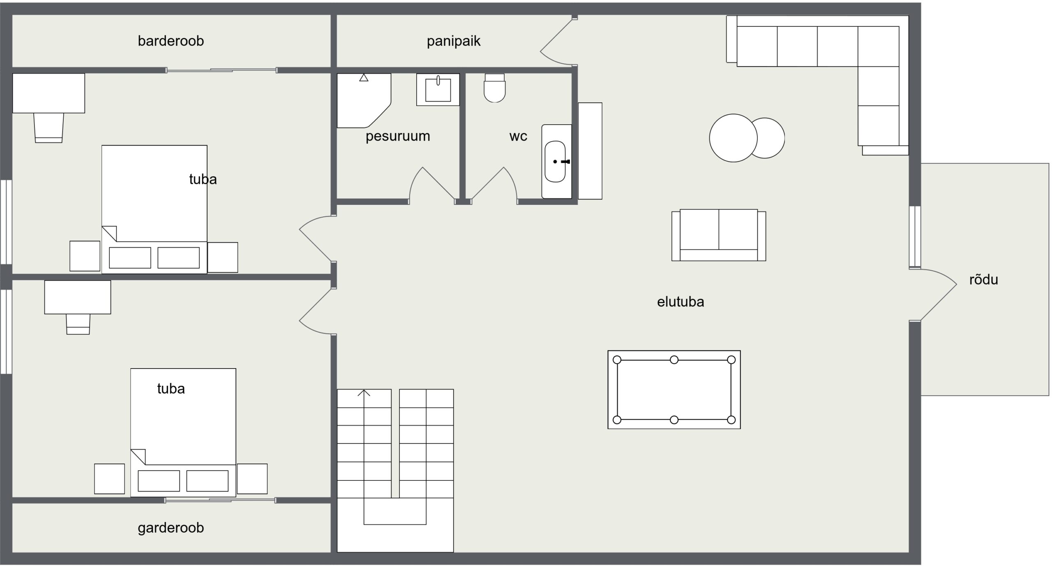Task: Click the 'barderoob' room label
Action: [x=171, y=41]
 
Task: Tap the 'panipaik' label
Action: [x=453, y=41]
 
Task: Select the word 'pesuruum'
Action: [x=398, y=136]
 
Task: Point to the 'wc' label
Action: [x=518, y=136]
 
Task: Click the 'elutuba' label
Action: [x=681, y=302]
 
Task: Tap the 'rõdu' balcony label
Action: [x=983, y=280]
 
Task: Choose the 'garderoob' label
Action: [x=171, y=528]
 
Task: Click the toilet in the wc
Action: [x=494, y=88]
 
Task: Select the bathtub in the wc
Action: [x=556, y=162]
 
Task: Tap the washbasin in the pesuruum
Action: [x=438, y=90]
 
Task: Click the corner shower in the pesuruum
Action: [x=364, y=101]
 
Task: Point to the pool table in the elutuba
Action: [x=674, y=390]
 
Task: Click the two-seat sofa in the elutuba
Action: [x=719, y=235]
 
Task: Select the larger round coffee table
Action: [x=733, y=138]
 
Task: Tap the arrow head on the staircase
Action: [x=364, y=393]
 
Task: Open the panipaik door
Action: [x=557, y=41]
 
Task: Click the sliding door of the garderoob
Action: [x=220, y=500]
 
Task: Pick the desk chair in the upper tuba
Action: [x=48, y=128]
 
